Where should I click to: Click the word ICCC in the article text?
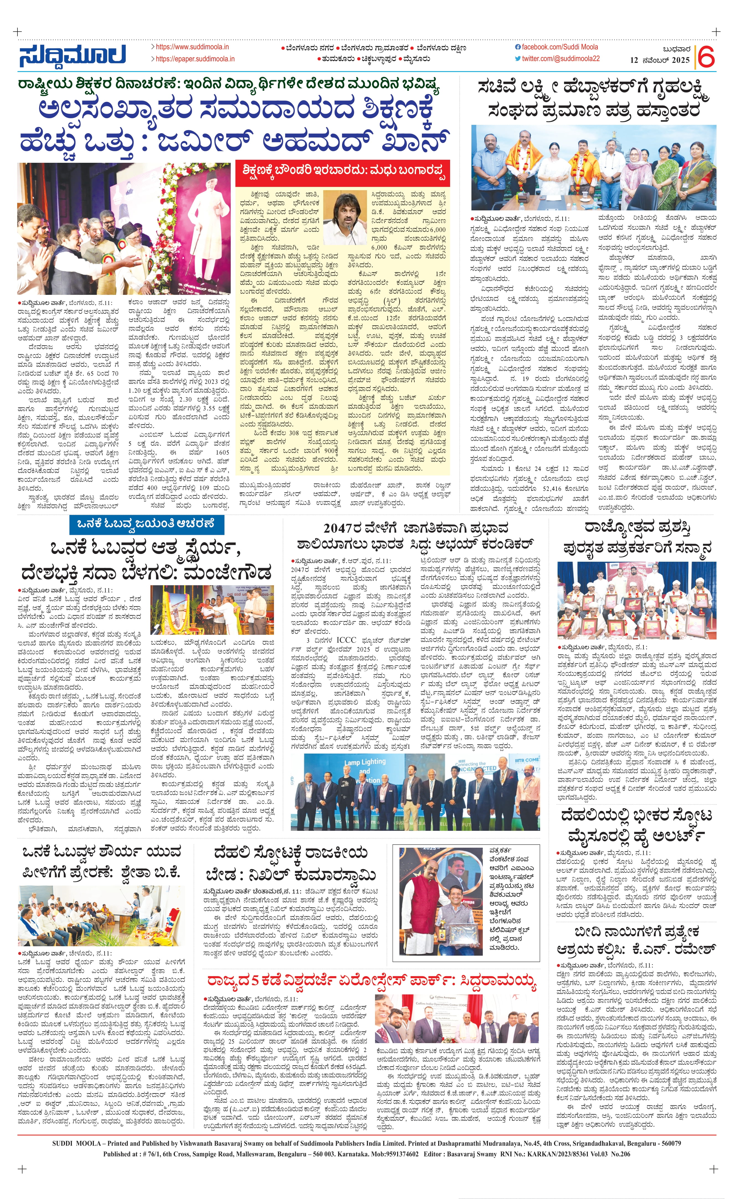pyautogui.click(x=346, y=640)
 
